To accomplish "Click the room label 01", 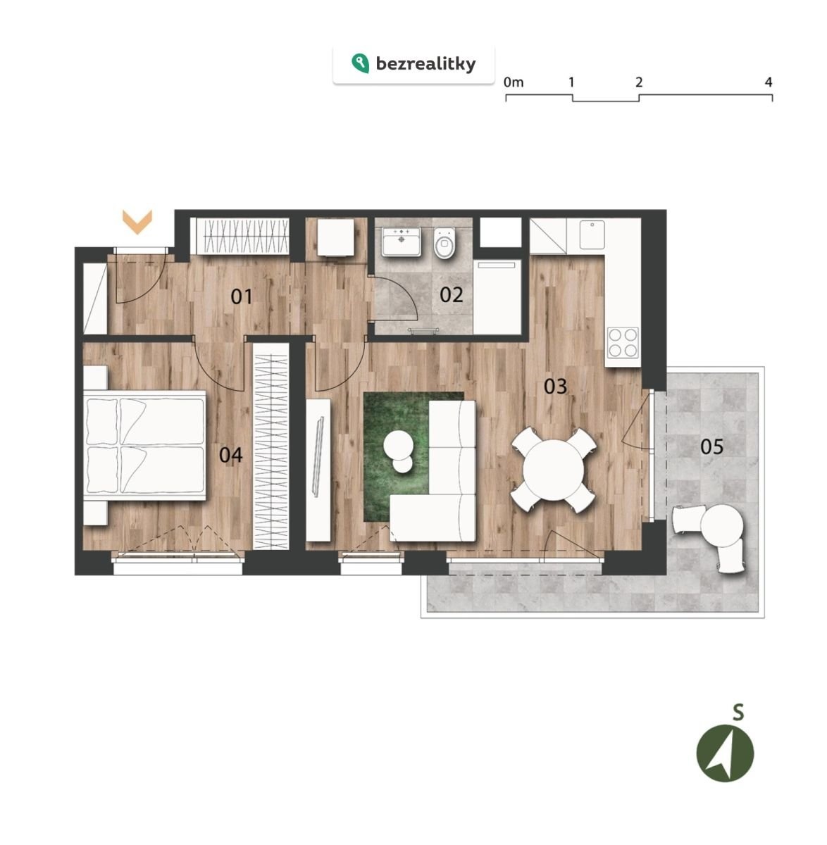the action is (242, 297).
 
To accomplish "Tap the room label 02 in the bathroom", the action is (452, 295).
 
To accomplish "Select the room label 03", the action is (556, 387).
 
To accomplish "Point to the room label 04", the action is (230, 455).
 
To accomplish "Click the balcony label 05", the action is (712, 446).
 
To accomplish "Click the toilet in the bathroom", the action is (444, 243).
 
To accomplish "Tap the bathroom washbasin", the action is (402, 242).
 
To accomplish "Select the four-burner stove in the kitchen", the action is (623, 343).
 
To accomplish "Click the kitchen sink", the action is (592, 234).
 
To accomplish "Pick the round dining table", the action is (554, 470).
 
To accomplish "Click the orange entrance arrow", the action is (137, 222).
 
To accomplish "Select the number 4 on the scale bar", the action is (769, 82).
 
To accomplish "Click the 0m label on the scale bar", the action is (514, 82).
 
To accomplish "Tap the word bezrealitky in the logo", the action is (425, 64).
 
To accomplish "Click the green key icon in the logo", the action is (360, 63).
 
